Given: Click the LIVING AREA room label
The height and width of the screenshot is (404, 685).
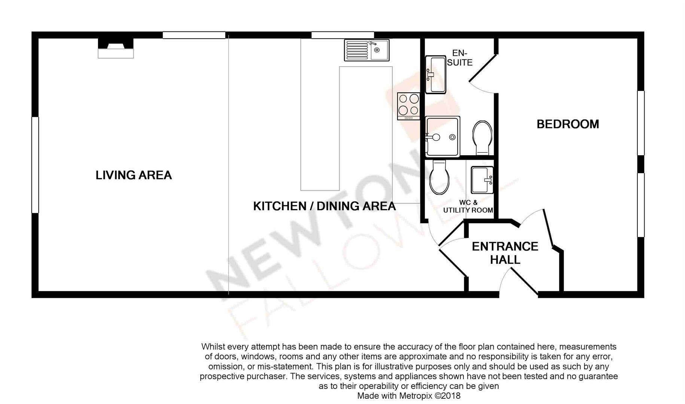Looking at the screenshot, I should click(x=134, y=175).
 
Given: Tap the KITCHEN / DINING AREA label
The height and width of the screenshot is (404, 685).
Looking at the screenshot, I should click(x=324, y=206).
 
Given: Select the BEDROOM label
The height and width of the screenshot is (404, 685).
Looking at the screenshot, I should click(x=567, y=124).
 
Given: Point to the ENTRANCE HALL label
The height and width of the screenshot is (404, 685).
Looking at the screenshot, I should click(x=505, y=253).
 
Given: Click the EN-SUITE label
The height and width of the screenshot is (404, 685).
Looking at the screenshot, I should click(x=460, y=58).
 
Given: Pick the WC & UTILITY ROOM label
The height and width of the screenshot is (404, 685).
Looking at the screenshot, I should click(x=468, y=206).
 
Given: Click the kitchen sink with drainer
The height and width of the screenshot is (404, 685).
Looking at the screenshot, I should click(x=366, y=50).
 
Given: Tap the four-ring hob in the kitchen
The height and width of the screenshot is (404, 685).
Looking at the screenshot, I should click(x=408, y=106).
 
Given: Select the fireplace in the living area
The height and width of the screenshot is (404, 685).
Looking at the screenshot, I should click(x=116, y=48).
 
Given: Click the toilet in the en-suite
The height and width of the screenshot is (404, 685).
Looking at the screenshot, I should click(x=482, y=137).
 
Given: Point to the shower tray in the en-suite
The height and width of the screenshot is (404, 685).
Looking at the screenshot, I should click(x=442, y=136).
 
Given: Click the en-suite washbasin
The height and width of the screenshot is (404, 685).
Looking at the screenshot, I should click(x=435, y=74).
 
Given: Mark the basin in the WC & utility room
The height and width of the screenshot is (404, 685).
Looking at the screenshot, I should click(x=482, y=180).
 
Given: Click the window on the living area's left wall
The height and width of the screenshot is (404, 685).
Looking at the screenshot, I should click(x=35, y=165).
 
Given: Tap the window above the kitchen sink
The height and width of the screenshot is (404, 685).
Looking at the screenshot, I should click(x=342, y=35).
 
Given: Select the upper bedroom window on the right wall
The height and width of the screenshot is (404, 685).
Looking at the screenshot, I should click(x=641, y=123).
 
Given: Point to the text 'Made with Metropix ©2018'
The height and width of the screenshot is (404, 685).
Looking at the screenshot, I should click(x=409, y=396).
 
